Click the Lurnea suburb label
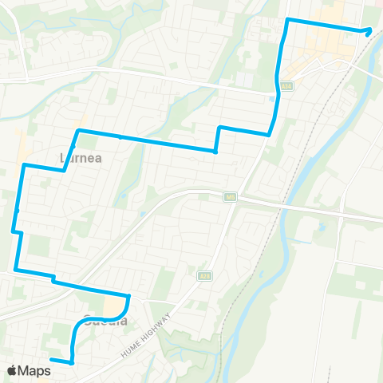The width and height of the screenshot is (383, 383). pos(77,158)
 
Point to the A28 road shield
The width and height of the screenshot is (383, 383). pos(204,274)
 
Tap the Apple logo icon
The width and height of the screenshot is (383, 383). pos(12,370)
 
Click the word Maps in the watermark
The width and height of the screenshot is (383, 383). pos(34,370)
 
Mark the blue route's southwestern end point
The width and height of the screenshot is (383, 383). pos(52,361)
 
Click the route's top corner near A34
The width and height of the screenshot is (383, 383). pos(288,18)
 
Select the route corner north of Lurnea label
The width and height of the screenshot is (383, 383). pos(77,130)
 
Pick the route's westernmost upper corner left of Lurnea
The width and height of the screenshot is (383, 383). pos(25,164)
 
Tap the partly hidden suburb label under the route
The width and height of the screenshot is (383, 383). pos(104,322)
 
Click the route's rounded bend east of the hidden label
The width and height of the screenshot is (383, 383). pos(128,298)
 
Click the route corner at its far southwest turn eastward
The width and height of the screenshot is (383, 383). pos(16,270)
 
